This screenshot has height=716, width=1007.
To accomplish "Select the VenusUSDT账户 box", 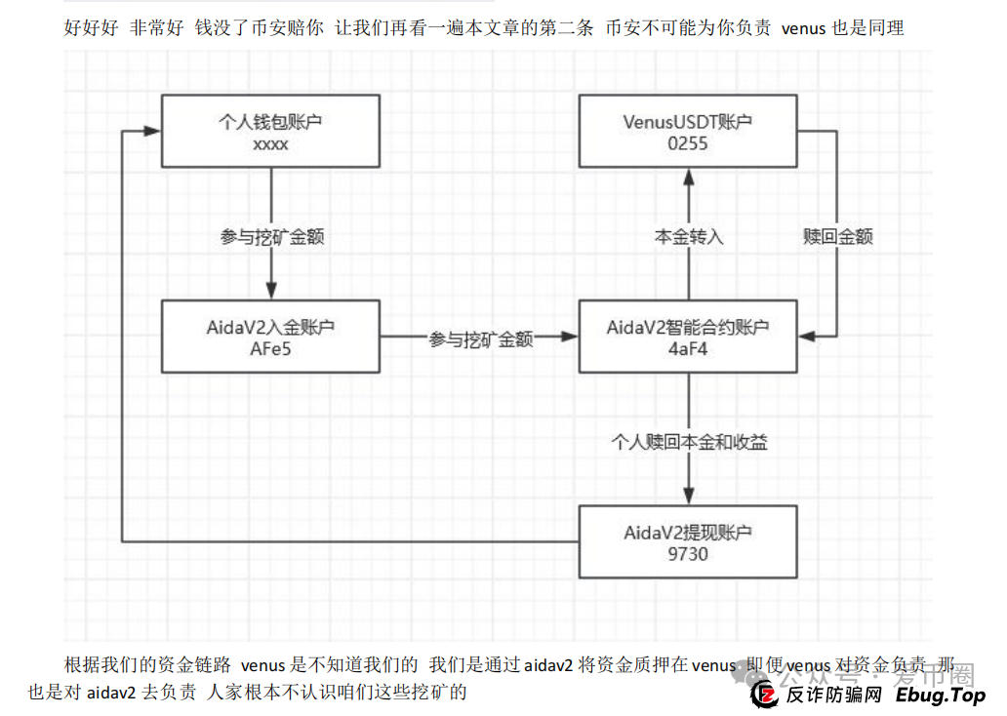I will coord(688,131).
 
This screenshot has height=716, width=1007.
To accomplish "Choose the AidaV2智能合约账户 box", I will coord(688,336).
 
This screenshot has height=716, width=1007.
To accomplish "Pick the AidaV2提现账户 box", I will coord(688,541).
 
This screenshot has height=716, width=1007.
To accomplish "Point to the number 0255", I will coord(688,143).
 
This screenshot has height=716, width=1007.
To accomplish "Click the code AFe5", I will coord(269,349).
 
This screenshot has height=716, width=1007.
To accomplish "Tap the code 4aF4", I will coord(688,349).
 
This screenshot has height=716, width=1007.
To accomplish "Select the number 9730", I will coord(688,554).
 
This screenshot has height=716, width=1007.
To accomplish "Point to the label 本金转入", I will coord(688,236).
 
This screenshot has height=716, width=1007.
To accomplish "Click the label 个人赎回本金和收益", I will coord(688,442).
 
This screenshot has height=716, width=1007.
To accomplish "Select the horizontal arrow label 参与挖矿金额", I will coord(480,338).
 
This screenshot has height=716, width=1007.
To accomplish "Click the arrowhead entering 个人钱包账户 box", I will coord(152,131).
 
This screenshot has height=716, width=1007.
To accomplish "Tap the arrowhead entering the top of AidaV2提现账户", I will coord(688,496).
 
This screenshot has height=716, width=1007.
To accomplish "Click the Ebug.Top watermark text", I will coord(940,695).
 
